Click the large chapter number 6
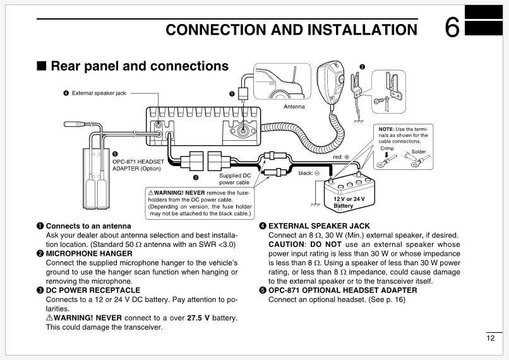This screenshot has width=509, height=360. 452,28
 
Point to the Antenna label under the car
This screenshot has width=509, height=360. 294,106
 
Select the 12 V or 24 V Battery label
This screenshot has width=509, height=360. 349,202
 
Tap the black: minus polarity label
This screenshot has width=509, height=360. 309,172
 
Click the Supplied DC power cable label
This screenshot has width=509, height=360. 234,179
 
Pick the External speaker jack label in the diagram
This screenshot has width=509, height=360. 99,93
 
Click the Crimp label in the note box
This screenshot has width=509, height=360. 386,148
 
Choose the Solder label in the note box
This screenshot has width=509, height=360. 419,152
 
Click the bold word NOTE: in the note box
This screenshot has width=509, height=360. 388,128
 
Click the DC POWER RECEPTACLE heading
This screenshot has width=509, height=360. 88,290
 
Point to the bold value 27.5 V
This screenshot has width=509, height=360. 199,318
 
